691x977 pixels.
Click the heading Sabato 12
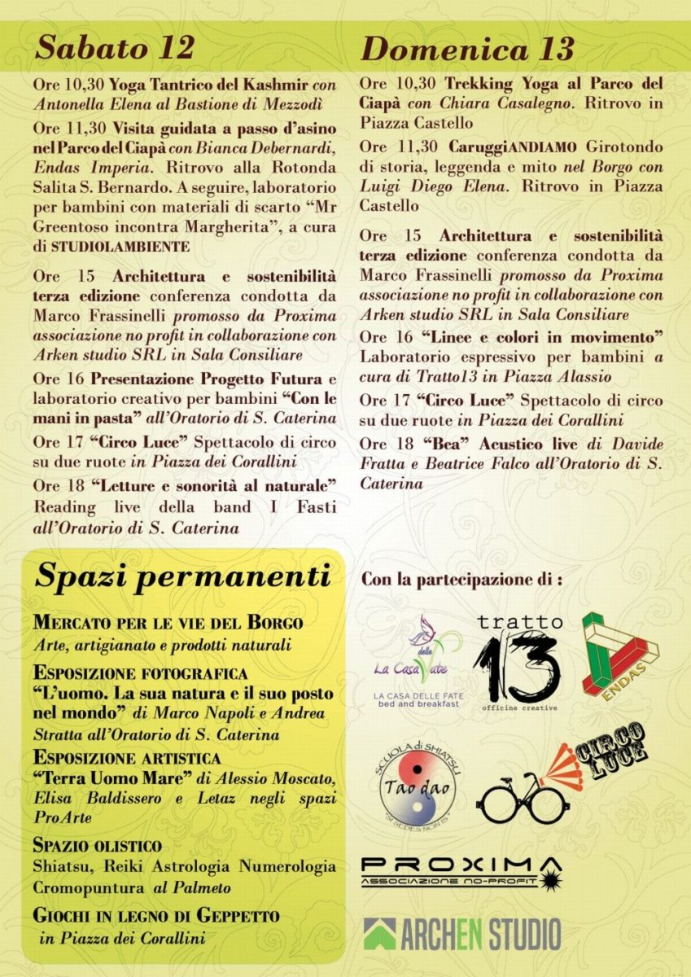(x=115, y=48)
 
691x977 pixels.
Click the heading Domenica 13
(x=467, y=50)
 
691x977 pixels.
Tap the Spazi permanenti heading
(x=182, y=577)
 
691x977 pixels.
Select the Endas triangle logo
(x=619, y=653)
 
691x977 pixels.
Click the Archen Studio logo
(x=461, y=933)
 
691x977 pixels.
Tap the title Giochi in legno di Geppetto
(x=155, y=916)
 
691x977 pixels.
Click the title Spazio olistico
(x=97, y=845)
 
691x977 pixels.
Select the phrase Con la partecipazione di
(x=461, y=581)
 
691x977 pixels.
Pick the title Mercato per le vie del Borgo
(x=168, y=624)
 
